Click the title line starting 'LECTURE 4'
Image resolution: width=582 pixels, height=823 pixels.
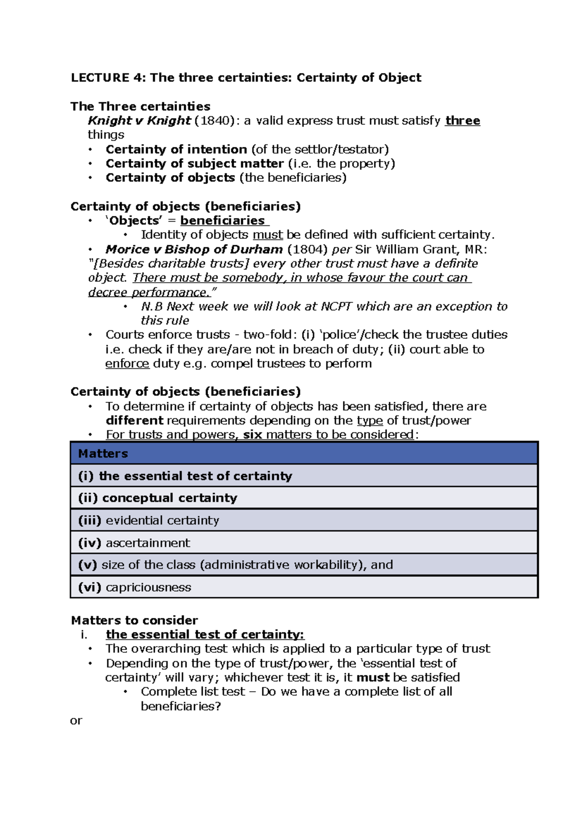pyautogui.click(x=246, y=78)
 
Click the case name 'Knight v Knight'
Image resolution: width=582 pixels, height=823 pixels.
pyautogui.click(x=139, y=121)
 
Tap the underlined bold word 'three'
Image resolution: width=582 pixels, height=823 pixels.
pyautogui.click(x=462, y=121)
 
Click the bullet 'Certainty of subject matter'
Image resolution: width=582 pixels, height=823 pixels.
pyautogui.click(x=194, y=163)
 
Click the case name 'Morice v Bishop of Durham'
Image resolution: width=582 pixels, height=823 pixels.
pyautogui.click(x=194, y=249)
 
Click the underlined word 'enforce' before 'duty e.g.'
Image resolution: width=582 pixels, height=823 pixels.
pyautogui.click(x=127, y=364)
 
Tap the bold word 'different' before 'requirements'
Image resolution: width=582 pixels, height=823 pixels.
pyautogui.click(x=134, y=420)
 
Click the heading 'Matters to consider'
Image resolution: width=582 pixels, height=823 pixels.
pyautogui.click(x=134, y=620)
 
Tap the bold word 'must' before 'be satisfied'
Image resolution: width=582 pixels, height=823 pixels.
pyautogui.click(x=372, y=677)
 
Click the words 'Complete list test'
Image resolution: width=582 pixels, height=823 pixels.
pyautogui.click(x=193, y=692)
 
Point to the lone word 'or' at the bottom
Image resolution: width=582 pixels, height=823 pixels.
pyautogui.click(x=76, y=721)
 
